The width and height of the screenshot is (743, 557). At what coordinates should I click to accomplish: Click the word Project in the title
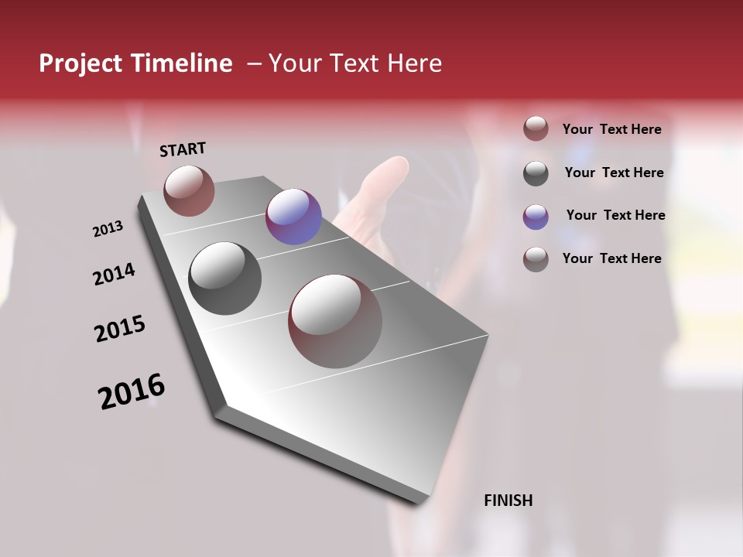[x=81, y=63]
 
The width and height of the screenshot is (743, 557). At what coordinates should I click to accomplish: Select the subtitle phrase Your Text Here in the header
[x=355, y=63]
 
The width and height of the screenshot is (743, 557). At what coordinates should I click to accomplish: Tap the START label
[x=183, y=149]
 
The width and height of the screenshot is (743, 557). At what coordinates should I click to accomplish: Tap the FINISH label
[x=508, y=501]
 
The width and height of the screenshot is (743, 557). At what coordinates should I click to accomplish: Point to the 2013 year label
[x=108, y=229]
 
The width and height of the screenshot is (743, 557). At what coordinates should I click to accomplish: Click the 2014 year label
[x=114, y=274]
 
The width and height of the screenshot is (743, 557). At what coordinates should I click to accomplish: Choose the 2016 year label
[x=132, y=391]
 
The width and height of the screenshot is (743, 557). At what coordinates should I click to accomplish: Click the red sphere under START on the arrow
[x=189, y=190]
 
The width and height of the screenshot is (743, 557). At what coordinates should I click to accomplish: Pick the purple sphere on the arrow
[x=293, y=217]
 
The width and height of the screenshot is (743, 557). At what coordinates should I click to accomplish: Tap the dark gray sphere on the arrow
[x=225, y=278]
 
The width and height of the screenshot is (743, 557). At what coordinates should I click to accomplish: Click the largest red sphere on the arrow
[x=335, y=320]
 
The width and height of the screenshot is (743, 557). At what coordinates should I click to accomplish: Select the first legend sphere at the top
[x=536, y=128]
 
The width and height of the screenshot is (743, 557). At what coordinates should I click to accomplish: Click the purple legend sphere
[x=536, y=217]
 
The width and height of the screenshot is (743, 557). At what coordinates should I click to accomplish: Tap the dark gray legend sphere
[x=536, y=173]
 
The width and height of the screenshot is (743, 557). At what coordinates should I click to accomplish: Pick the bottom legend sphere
[x=536, y=259]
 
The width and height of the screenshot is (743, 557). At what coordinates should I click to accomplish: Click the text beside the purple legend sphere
[x=615, y=215]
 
